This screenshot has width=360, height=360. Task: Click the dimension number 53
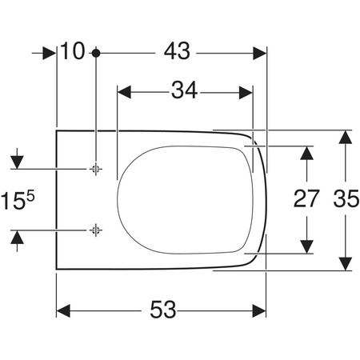pyautogui.click(x=162, y=310)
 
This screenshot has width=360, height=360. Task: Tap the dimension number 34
pyautogui.click(x=185, y=90)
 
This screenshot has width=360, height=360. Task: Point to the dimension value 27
pyautogui.click(x=306, y=199)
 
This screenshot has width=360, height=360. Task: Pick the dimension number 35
pyautogui.click(x=345, y=199)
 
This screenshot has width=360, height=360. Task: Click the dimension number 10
pyautogui.click(x=72, y=51)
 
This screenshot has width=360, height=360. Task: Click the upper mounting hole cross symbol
pyautogui.click(x=95, y=169)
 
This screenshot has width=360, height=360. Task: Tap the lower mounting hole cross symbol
pyautogui.click(x=95, y=230)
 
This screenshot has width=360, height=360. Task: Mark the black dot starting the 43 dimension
pyautogui.click(x=95, y=52)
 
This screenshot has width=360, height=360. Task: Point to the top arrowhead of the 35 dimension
pyautogui.click(x=345, y=136)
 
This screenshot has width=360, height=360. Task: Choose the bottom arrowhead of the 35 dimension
pyautogui.click(x=345, y=263)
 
